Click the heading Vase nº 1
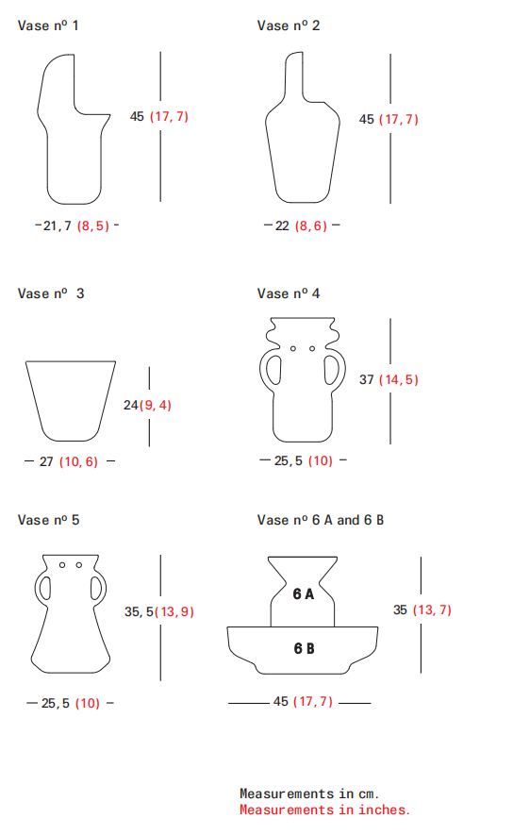48,25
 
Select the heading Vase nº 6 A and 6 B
321,520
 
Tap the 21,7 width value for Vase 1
57,225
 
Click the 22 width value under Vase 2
282,225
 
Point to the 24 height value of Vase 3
131,406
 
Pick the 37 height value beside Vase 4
366,379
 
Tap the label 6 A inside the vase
304,593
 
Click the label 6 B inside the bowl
304,648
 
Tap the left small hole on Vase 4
292,349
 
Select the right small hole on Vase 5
79,565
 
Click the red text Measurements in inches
324,810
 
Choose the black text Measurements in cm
309,794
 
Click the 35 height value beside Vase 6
400,610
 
